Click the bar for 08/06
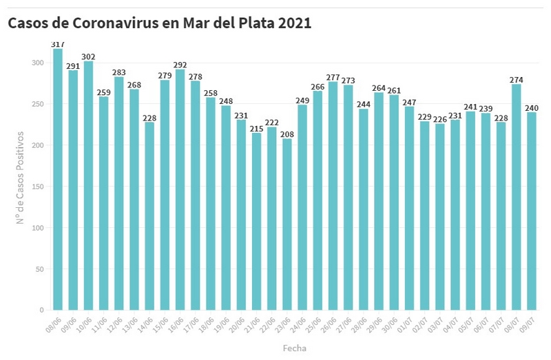(58, 179)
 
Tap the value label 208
(287, 134)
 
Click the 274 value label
(516, 80)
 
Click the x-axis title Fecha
(295, 348)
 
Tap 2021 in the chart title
(295, 23)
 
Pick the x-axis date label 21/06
(253, 324)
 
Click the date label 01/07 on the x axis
(406, 324)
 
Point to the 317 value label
(58, 44)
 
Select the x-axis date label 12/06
(116, 324)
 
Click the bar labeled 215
(256, 221)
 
